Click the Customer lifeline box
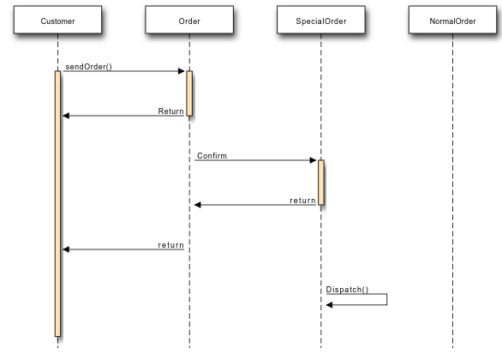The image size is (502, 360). pos(57,20)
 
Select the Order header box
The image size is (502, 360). pos(189,20)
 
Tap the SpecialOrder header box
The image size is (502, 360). pos(321,20)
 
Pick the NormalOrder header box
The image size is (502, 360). pos(452,20)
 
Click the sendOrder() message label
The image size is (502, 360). pos(89,67)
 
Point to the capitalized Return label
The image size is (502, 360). pos(171,111)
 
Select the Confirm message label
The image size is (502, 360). pos(212,156)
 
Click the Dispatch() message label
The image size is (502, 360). pos(347,290)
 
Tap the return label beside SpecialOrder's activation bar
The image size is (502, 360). pos(302,201)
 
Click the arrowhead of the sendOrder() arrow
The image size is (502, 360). pos(182,71)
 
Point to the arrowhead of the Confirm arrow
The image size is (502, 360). pos(313,160)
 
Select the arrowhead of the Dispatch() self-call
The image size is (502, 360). pos(330,304)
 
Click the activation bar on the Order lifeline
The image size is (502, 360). pos(189,93)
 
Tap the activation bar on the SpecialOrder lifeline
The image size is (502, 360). pos(321,183)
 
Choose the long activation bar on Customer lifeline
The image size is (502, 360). pos(57,204)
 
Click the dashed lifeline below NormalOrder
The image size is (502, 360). pos(452,190)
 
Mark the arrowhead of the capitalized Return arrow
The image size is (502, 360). pos(66,116)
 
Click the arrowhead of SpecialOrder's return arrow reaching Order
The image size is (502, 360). pos(198,205)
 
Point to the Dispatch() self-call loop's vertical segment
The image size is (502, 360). pos(386,299)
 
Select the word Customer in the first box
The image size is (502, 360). pos(57,21)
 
